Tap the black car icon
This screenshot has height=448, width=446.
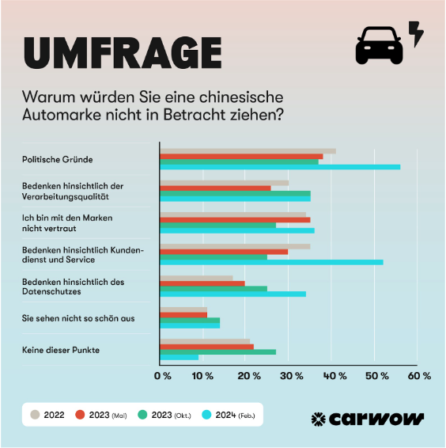pos(379,46)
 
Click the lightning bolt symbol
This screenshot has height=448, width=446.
pos(416,34)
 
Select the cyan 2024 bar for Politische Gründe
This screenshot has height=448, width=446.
pos(280,167)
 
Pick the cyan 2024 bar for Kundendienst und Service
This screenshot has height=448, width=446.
pos(271,262)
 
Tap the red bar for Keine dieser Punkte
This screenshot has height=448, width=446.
pos(207,347)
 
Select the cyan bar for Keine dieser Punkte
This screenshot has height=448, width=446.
pos(180,357)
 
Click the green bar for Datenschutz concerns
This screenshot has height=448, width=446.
pos(214,288)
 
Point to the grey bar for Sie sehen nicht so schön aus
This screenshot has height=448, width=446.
pos(183,309)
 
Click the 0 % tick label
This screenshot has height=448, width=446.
pos(162,376)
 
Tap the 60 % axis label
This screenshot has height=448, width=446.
pos(420,376)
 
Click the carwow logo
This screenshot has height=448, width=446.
pos(367,418)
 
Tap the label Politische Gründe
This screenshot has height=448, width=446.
pos(57,159)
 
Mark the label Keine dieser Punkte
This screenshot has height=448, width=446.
pos(61,349)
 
